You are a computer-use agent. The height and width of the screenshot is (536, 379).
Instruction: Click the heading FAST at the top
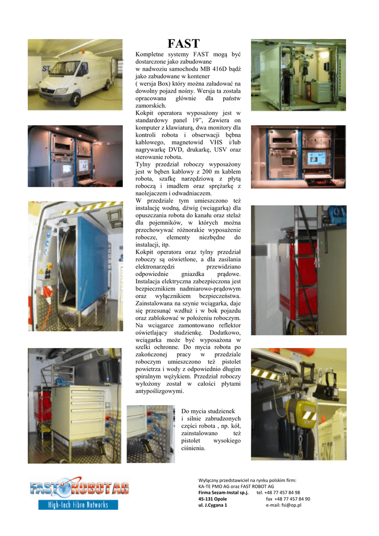pos(183,43)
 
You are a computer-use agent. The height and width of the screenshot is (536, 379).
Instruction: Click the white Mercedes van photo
pos(75,74)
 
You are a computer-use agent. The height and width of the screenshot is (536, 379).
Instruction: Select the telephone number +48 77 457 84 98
pos(278,493)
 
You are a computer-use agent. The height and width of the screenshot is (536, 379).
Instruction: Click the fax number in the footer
pos(288,499)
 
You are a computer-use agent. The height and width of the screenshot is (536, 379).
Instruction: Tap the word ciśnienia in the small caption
pos(193,448)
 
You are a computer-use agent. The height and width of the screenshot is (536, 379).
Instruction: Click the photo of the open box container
pos(298,74)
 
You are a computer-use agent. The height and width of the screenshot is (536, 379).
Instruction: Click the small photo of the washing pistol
pos(151,433)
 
